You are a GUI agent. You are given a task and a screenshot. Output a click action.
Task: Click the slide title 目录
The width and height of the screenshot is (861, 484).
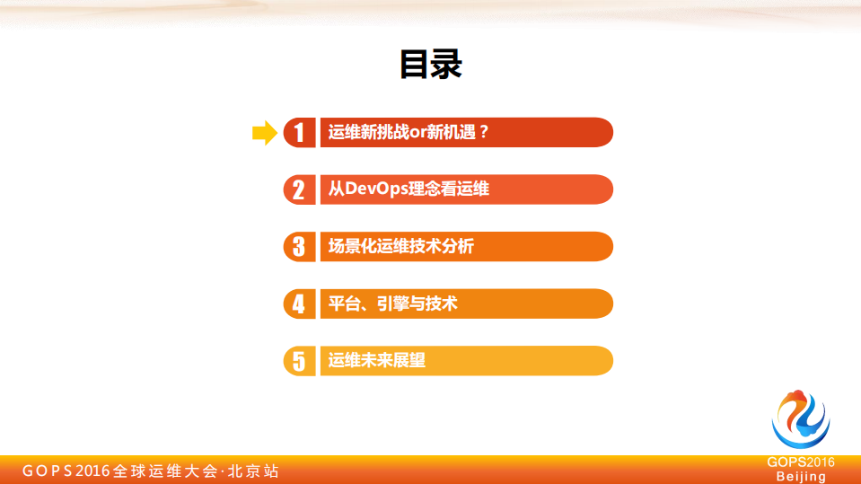tap(430, 65)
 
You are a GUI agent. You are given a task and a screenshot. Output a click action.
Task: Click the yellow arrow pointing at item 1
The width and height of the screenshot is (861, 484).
tap(264, 133)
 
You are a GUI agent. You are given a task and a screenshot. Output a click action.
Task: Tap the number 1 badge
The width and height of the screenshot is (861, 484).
tap(299, 133)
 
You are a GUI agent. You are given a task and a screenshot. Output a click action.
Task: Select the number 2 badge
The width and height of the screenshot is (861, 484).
tap(299, 189)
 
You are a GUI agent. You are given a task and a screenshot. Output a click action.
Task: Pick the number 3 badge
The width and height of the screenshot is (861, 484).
tap(299, 246)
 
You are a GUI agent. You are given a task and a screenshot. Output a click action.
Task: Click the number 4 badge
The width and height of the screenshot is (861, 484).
tap(299, 304)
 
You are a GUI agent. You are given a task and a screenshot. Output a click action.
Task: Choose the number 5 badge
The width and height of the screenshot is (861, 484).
tap(299, 360)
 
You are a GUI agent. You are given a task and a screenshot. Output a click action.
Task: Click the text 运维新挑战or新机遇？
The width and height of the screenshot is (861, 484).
tap(409, 132)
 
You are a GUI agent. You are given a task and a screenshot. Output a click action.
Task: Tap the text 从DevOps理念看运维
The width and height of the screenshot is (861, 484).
tap(409, 189)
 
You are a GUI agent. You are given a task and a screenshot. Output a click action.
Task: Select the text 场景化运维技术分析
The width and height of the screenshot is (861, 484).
tap(400, 246)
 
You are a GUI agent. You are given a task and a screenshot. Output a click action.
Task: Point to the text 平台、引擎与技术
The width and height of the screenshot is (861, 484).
tap(392, 304)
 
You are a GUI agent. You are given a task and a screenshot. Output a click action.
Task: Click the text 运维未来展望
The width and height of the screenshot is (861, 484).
tap(376, 360)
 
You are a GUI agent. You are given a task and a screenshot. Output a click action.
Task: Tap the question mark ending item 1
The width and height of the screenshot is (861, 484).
tap(483, 132)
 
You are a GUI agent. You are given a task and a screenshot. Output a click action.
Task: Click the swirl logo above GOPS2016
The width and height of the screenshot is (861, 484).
tap(800, 420)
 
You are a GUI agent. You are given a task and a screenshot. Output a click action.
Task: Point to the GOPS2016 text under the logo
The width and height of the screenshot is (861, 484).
tap(801, 462)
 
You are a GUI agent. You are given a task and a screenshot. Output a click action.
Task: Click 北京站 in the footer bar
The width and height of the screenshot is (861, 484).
tap(254, 471)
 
